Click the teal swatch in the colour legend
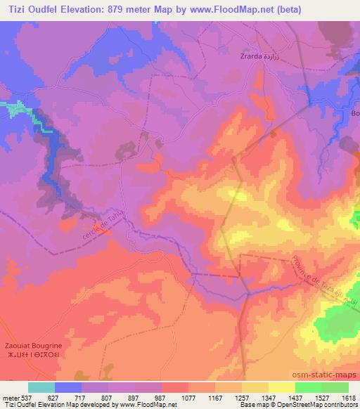(x=41, y=387)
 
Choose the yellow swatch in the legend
(x=281, y=387)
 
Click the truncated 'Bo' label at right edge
(x=354, y=113)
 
